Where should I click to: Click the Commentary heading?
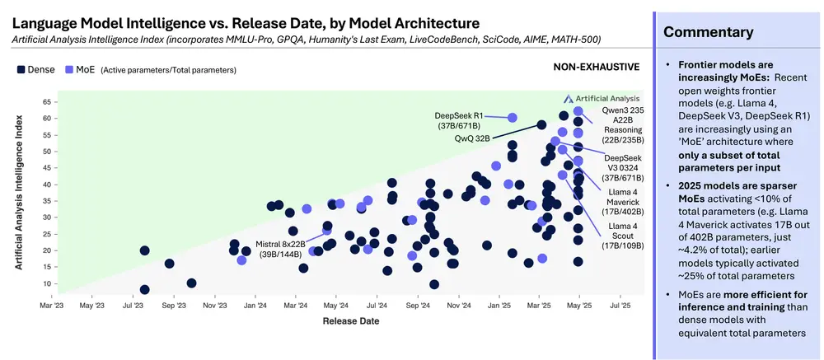tap(708, 33)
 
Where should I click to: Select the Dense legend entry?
tap(37, 70)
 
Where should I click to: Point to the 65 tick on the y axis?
tap(46, 102)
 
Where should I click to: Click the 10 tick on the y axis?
tap(46, 283)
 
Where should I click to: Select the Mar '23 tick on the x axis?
tap(52, 306)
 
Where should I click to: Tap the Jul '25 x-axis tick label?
tap(620, 306)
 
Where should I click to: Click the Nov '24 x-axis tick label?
tap(457, 306)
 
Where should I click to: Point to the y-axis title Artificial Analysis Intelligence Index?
tap(18, 191)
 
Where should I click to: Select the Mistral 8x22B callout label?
tap(279, 250)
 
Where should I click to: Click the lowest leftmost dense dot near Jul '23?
tap(145, 289)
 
